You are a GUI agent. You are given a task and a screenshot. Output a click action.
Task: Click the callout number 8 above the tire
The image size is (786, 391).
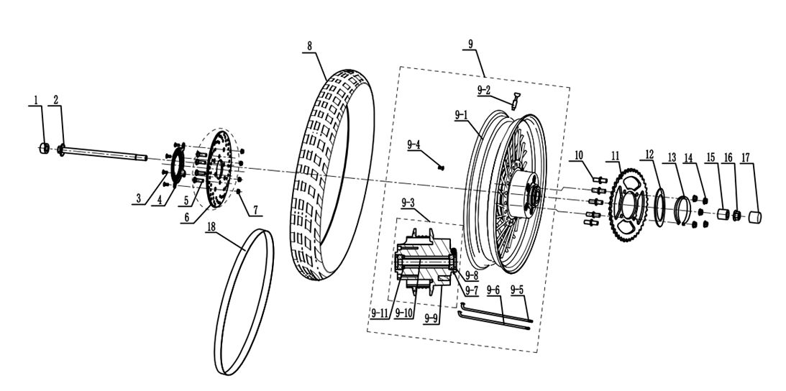tap(309, 45)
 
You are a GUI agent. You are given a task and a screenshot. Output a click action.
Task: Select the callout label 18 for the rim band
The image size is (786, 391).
tap(211, 226)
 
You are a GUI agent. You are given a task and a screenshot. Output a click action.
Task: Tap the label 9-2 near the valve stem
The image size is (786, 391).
tap(484, 91)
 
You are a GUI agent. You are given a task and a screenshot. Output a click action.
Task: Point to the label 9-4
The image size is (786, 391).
tap(413, 145)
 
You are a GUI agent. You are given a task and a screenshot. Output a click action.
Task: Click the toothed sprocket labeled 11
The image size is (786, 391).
tap(628, 206)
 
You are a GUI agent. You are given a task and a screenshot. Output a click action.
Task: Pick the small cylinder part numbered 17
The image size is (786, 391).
tap(755, 217)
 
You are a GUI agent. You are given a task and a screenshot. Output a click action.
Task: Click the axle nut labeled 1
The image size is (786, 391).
tap(45, 148)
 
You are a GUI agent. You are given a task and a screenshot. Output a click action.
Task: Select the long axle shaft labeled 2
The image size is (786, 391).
tap(103, 152)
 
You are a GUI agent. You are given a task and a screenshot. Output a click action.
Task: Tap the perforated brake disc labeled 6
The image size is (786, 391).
tap(219, 169)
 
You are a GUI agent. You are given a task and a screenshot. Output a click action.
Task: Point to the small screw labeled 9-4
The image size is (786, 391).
tap(441, 167)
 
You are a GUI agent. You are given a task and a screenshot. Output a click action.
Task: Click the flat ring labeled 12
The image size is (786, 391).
tap(659, 207)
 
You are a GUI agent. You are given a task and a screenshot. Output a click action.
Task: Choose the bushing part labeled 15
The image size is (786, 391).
tap(723, 214)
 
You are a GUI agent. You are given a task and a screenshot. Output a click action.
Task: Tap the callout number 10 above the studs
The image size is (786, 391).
tap(578, 155)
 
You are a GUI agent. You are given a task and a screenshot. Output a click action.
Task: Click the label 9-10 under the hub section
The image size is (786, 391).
tap(403, 313)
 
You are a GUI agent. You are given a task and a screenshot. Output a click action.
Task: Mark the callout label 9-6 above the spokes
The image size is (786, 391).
tap(493, 290)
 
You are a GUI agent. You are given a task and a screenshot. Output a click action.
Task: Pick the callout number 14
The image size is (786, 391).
tap(687, 158)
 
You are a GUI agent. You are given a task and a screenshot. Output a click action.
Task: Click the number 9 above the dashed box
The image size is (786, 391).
tap(470, 44)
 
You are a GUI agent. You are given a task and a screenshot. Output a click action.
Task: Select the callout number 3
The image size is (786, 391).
tap(138, 199)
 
